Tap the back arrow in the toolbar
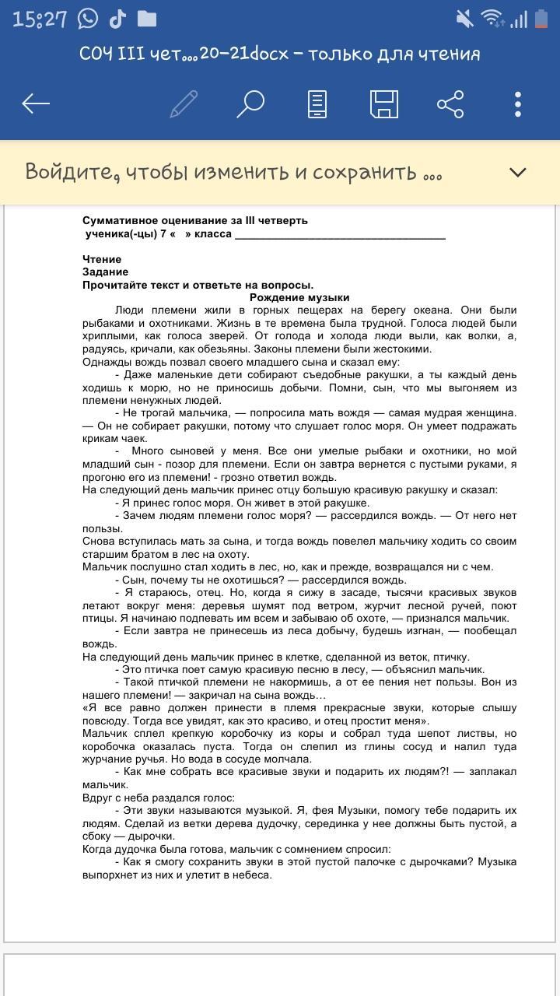click(x=37, y=103)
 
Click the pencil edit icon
click(x=184, y=103)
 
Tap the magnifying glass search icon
click(x=250, y=103)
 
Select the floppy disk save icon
click(x=383, y=103)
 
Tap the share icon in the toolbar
click(x=450, y=103)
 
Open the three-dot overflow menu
click(x=517, y=103)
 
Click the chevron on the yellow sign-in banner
click(x=517, y=172)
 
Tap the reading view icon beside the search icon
click(x=317, y=103)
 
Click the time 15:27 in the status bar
click(x=40, y=19)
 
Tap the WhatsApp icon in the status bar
click(x=88, y=19)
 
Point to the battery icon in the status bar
click(x=537, y=19)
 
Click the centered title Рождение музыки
click(x=299, y=297)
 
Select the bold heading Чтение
click(x=102, y=259)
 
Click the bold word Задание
click(x=105, y=272)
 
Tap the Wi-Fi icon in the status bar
click(x=491, y=19)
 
